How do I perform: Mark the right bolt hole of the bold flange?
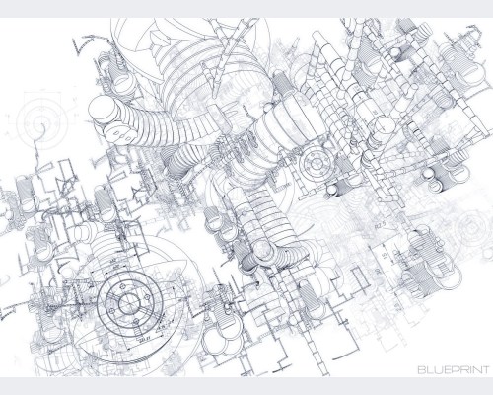pos(146,296)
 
